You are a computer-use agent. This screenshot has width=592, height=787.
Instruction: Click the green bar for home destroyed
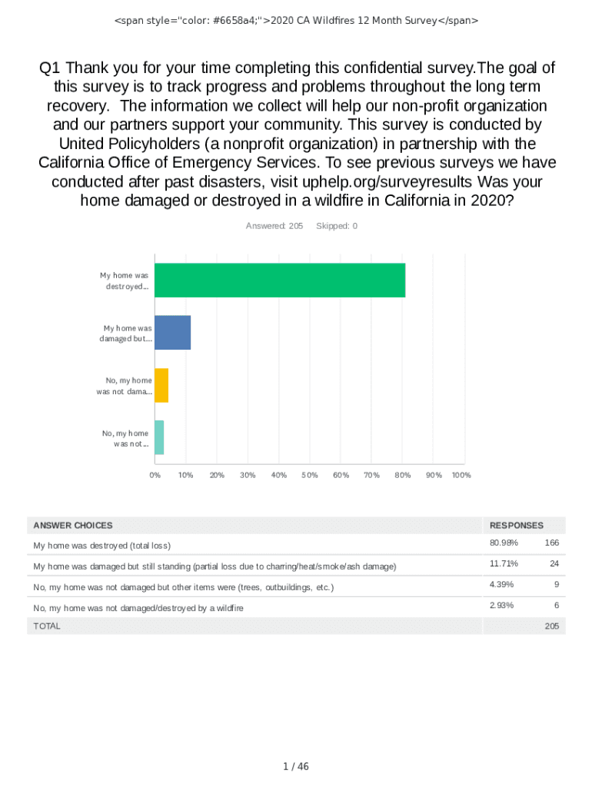click(x=280, y=281)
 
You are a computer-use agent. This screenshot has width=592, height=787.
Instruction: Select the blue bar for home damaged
click(x=173, y=333)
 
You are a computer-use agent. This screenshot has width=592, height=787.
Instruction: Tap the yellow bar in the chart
click(x=161, y=385)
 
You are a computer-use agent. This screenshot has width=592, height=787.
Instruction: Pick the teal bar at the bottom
click(x=159, y=437)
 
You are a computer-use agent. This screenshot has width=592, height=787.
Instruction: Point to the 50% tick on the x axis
click(x=310, y=475)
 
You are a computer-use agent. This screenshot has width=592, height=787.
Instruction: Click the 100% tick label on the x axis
click(x=461, y=475)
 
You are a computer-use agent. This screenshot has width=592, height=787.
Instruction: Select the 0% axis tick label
click(x=155, y=475)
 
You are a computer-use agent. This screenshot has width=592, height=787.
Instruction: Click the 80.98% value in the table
click(x=504, y=543)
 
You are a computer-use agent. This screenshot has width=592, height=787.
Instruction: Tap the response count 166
click(x=551, y=543)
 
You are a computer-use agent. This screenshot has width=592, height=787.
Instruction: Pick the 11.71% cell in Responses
click(x=504, y=564)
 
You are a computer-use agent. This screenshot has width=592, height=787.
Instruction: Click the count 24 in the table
click(x=554, y=564)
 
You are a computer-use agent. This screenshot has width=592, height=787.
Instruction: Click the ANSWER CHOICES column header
click(x=72, y=526)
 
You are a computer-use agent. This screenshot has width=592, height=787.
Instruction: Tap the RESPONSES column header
click(x=516, y=526)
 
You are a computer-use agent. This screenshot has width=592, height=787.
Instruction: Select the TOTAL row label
click(x=46, y=626)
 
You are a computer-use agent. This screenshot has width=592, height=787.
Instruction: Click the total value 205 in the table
click(x=551, y=626)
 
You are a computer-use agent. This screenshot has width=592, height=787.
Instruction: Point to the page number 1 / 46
click(x=296, y=766)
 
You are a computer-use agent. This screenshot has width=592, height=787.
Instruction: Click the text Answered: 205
click(x=274, y=226)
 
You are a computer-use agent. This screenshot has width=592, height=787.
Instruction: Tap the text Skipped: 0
click(x=337, y=226)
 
